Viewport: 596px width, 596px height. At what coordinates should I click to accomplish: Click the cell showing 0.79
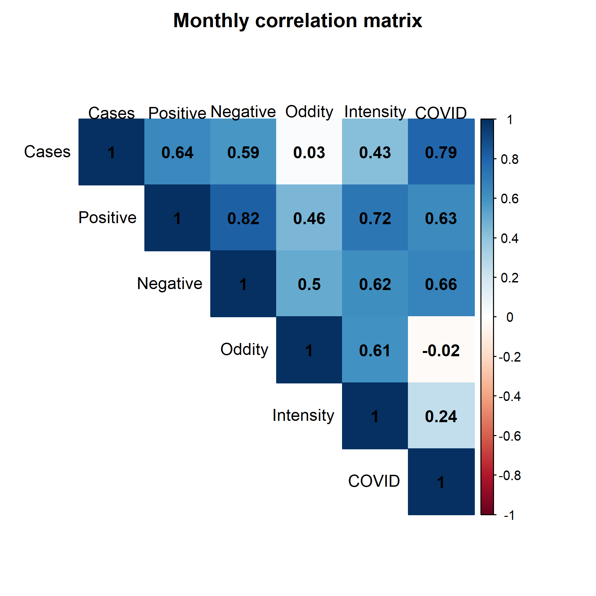(441, 152)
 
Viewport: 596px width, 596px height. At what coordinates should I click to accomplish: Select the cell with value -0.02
(441, 350)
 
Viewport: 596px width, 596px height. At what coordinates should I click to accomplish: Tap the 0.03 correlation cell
(309, 152)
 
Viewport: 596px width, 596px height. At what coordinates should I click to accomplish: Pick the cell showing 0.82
(243, 218)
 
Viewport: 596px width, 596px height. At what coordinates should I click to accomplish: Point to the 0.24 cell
(441, 416)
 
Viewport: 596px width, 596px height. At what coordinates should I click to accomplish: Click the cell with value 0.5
(309, 284)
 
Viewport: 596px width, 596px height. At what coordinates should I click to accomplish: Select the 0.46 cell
(309, 218)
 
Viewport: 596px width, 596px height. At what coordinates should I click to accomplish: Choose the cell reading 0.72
(375, 218)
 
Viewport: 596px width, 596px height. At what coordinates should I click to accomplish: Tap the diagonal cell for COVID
(441, 482)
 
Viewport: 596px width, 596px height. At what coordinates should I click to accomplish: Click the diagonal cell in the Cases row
(112, 152)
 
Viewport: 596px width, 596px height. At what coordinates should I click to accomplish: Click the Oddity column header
(309, 112)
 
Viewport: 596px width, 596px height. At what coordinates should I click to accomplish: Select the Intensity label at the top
(375, 112)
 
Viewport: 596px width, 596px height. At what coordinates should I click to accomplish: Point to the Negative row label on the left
(170, 284)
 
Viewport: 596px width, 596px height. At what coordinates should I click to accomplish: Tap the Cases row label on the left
(47, 152)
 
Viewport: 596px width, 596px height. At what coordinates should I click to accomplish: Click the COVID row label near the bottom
(374, 481)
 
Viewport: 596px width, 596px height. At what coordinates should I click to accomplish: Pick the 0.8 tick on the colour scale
(510, 160)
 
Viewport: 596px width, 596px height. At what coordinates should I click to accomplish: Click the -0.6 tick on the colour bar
(510, 436)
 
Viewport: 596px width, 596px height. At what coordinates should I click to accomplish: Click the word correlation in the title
(307, 21)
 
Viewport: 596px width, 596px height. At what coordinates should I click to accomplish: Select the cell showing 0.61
(375, 350)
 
